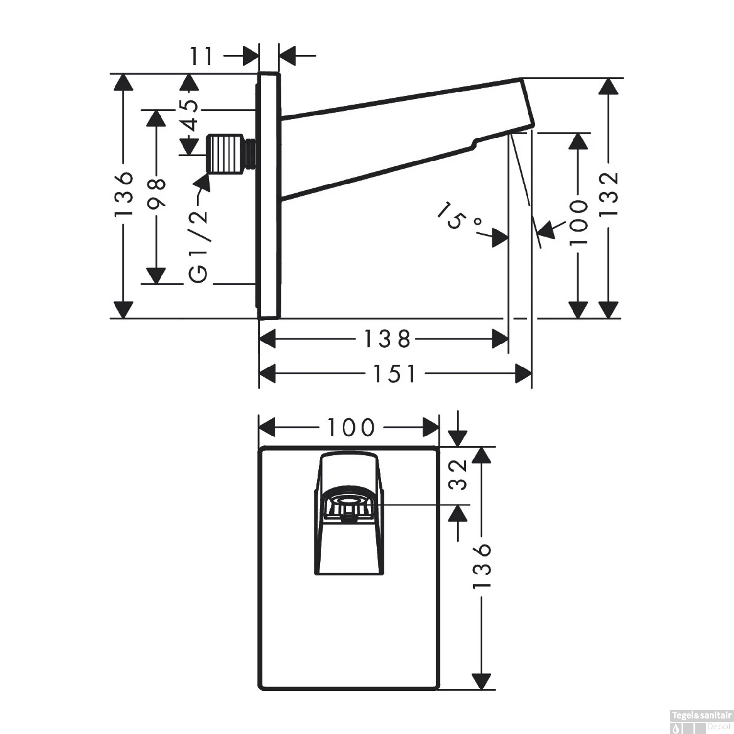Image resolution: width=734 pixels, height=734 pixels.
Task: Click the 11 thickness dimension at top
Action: pyautogui.click(x=202, y=57)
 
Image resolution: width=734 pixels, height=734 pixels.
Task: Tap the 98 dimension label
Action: pyautogui.click(x=157, y=194)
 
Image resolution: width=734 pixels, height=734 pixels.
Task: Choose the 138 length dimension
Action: pyautogui.click(x=387, y=339)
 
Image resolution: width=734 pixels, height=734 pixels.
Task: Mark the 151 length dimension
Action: pyautogui.click(x=394, y=375)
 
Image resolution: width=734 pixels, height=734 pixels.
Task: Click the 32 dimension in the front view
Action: pyautogui.click(x=459, y=475)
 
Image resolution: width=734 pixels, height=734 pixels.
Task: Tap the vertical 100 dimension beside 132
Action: pyautogui.click(x=579, y=223)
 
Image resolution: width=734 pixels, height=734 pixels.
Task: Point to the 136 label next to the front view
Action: pyautogui.click(x=482, y=567)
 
